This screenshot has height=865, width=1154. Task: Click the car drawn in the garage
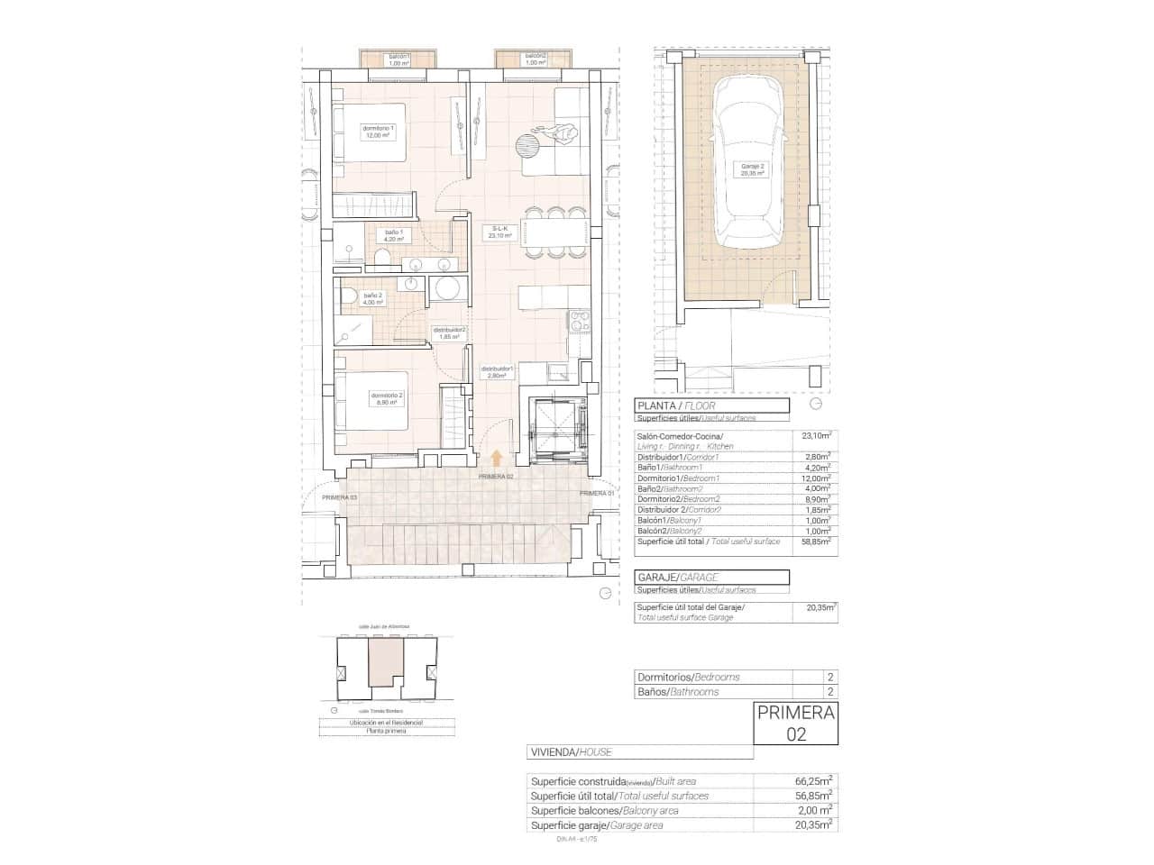tap(747, 166)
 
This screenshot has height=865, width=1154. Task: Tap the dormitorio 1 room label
tap(380, 132)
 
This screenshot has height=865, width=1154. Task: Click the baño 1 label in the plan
tap(394, 237)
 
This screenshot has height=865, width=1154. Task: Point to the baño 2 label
tap(372, 298)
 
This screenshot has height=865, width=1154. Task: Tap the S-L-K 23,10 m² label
tap(496, 232)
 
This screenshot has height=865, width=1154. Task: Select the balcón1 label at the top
tap(398, 59)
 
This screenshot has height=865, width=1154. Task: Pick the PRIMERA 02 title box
tap(795, 723)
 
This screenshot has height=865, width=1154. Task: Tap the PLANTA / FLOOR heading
tap(676, 406)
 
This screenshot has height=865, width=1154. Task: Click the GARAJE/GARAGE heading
tap(677, 577)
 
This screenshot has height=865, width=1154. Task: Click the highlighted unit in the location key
tap(385, 664)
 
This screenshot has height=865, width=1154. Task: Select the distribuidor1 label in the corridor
tap(497, 372)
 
